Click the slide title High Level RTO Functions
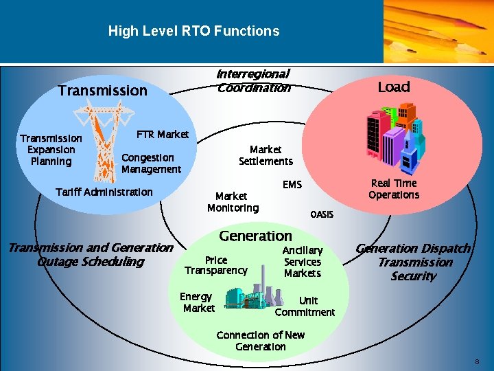pos(193,31)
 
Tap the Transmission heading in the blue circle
pos(103,91)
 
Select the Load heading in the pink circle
pos(394,87)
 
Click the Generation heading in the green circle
pos(255,236)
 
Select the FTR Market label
pos(163,134)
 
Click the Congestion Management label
pos(151,164)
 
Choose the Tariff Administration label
pos(104,192)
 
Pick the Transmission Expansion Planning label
pos(51,150)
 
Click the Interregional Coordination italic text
pos(253,80)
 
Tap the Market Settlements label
pos(266,155)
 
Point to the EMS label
pos(292,185)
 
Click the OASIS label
pos(322,214)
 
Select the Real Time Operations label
pos(394,189)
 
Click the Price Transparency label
pos(216,265)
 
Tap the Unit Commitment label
pos(305,306)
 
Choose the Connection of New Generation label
pos(261,341)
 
